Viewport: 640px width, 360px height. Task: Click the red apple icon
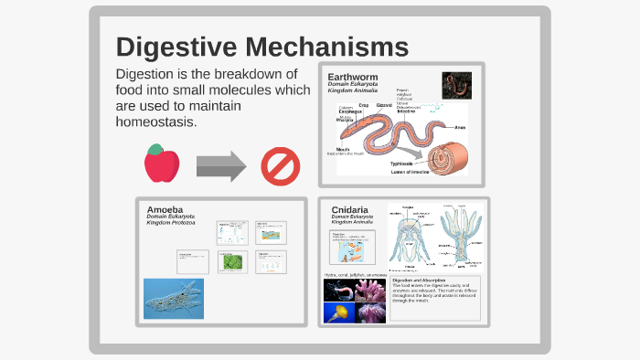162,164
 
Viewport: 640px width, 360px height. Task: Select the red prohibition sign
280,165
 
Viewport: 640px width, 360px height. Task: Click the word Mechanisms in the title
325,48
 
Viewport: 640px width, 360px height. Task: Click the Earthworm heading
353,76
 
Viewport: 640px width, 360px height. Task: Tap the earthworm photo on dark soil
456,86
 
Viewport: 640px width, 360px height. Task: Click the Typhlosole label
403,164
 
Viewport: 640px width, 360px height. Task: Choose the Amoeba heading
165,209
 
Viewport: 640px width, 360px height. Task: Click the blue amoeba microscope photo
174,299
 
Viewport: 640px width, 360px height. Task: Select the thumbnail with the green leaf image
232,262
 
